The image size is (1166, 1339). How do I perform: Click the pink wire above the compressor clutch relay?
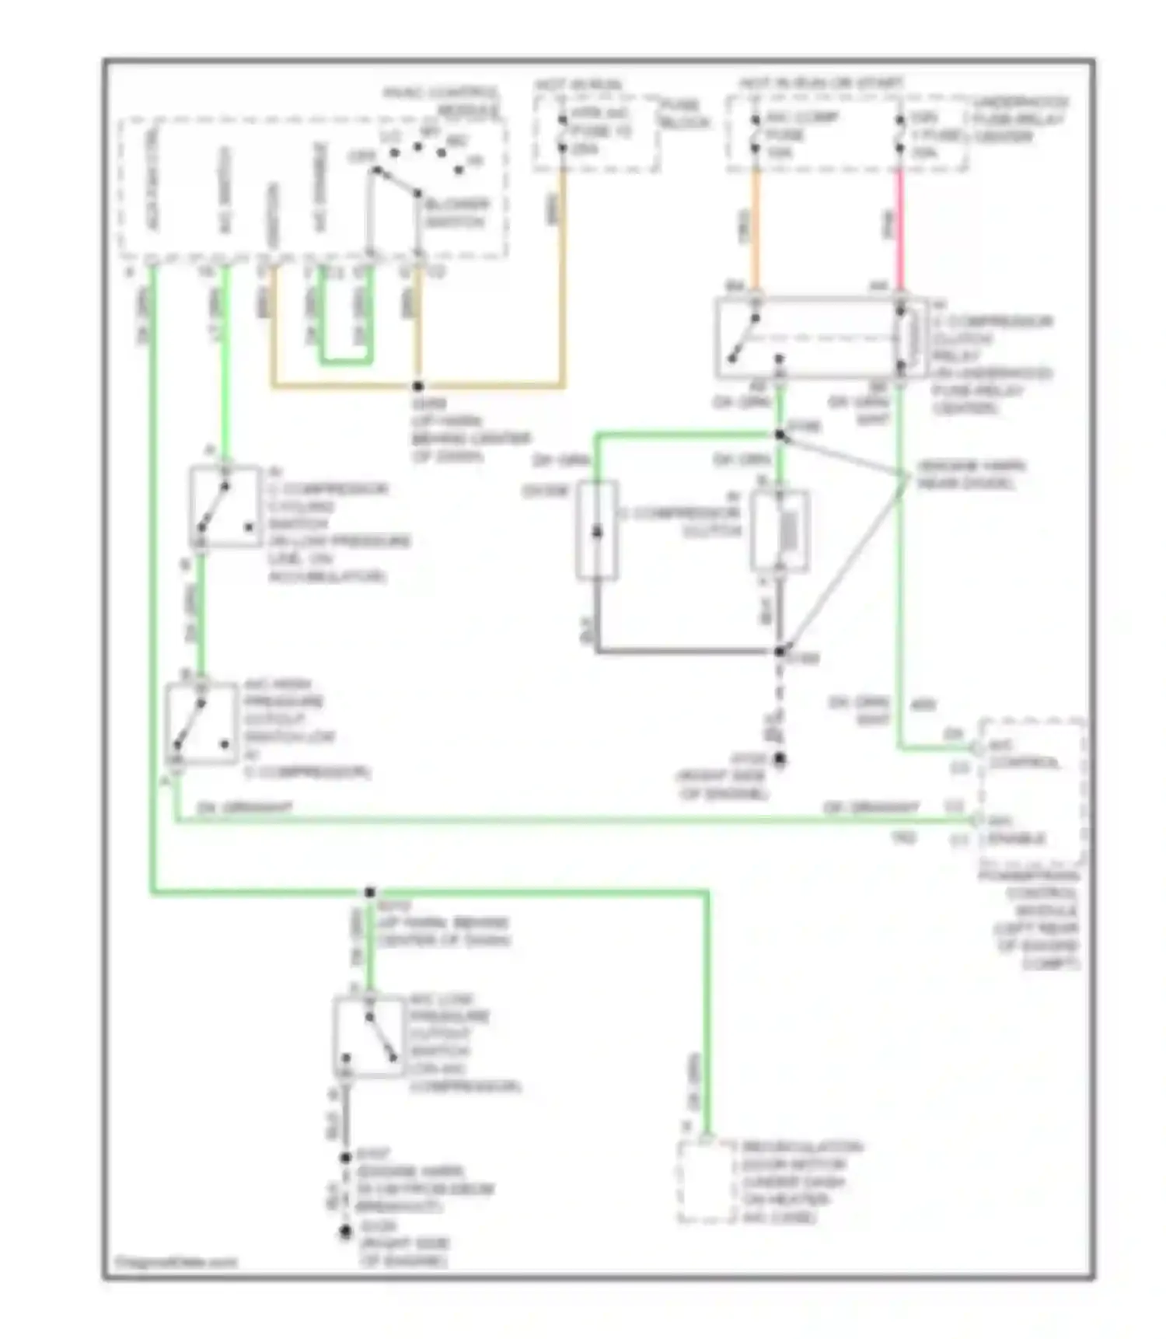(x=900, y=229)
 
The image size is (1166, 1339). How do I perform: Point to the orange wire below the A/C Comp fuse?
(x=755, y=229)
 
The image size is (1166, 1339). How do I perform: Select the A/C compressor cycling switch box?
(x=225, y=507)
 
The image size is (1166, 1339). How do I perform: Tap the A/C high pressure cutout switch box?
(x=201, y=724)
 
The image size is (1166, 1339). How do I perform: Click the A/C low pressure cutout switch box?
(x=368, y=1037)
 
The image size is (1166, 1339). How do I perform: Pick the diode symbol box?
(x=597, y=530)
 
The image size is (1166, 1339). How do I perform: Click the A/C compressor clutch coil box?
(x=780, y=531)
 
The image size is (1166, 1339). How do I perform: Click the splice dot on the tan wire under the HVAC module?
(x=417, y=386)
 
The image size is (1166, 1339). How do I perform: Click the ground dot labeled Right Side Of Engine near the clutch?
(x=779, y=759)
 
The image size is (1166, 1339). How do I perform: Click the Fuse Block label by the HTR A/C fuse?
(x=683, y=114)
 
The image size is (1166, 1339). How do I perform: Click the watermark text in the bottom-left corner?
(x=175, y=1262)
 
